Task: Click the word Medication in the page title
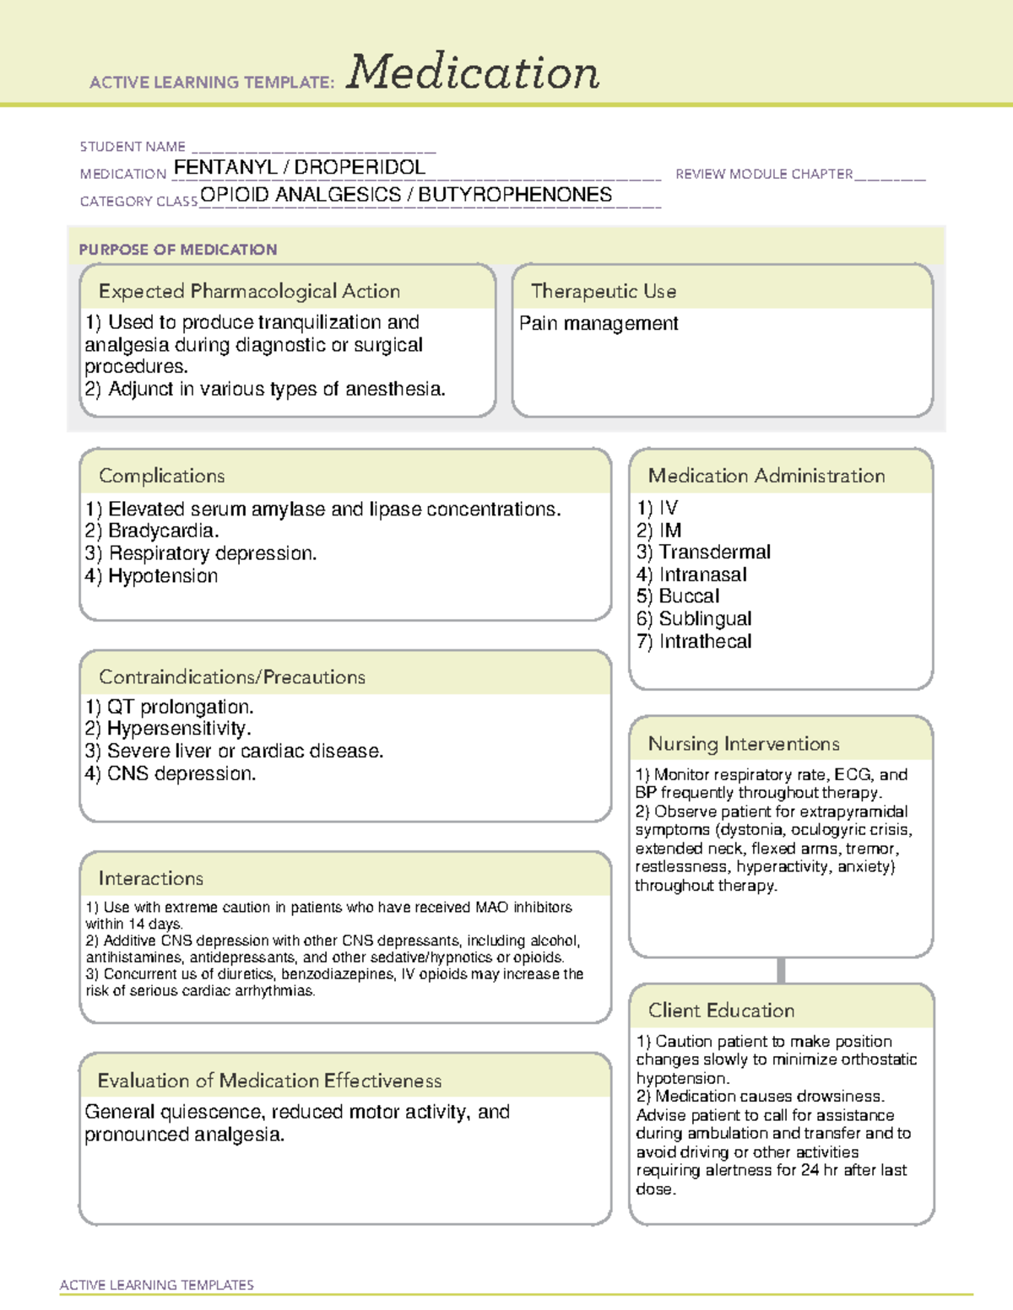(x=473, y=73)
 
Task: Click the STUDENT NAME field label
(x=133, y=147)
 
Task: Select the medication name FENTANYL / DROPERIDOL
(x=300, y=168)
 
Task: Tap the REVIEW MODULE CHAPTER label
(x=764, y=175)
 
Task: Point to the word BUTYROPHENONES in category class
(x=515, y=195)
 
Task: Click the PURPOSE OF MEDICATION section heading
(x=178, y=250)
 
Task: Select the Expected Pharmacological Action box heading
(x=249, y=292)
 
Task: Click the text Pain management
(x=599, y=324)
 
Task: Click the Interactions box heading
(x=151, y=879)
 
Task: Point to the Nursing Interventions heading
(x=744, y=744)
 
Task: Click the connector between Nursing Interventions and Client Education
(x=781, y=971)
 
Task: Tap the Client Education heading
(x=721, y=1011)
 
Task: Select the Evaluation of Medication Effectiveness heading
(x=269, y=1081)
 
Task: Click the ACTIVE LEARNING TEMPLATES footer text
(x=157, y=1285)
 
